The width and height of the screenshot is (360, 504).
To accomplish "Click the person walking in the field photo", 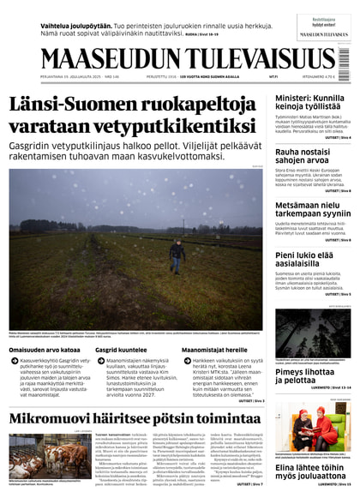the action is pos(177,254).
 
